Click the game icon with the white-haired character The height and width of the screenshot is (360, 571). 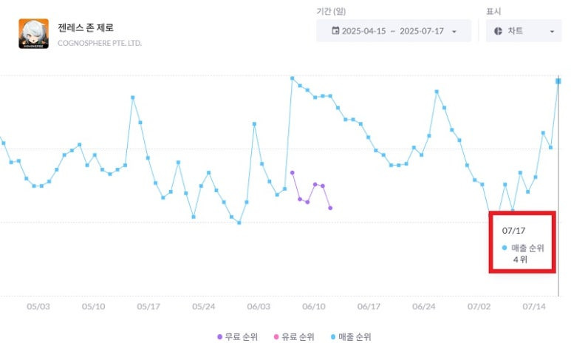point(33,33)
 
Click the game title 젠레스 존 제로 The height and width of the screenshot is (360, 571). point(86,27)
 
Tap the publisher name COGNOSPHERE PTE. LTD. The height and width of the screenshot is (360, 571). point(100,43)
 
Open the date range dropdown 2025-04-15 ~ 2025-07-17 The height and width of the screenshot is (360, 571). point(393,31)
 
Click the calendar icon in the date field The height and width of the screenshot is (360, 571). point(335,30)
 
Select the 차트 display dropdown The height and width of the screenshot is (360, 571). point(524,31)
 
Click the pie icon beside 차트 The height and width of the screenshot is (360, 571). point(498,31)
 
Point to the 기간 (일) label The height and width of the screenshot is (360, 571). point(331,11)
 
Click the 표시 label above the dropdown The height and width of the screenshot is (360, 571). point(493,11)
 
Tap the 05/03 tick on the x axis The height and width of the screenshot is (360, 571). point(38,307)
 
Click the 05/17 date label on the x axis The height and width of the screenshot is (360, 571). point(148,307)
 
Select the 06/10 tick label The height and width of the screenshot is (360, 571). point(313,307)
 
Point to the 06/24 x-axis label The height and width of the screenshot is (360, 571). point(423,307)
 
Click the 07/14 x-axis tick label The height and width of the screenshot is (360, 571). point(534,307)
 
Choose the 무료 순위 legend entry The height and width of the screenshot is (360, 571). point(237,336)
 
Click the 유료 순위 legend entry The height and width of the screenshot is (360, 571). point(294,336)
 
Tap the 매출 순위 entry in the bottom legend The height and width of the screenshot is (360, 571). point(351,336)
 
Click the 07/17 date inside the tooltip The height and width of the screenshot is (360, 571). point(513,231)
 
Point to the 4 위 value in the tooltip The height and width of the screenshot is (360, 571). point(520,259)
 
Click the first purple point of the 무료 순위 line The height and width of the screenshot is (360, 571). point(292,173)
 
